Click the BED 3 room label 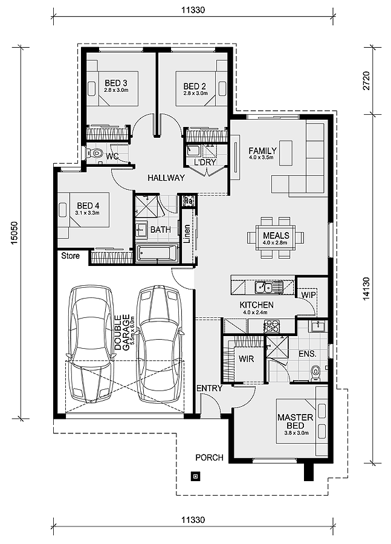tap(115, 83)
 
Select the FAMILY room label tap(262, 151)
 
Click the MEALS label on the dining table tap(275, 236)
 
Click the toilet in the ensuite tap(315, 372)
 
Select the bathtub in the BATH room tap(157, 253)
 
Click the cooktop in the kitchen tap(271, 327)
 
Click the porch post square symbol tap(195, 476)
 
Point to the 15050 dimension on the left tap(13, 232)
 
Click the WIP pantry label tap(308, 295)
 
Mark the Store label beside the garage tap(70, 256)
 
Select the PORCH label tap(209, 458)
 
